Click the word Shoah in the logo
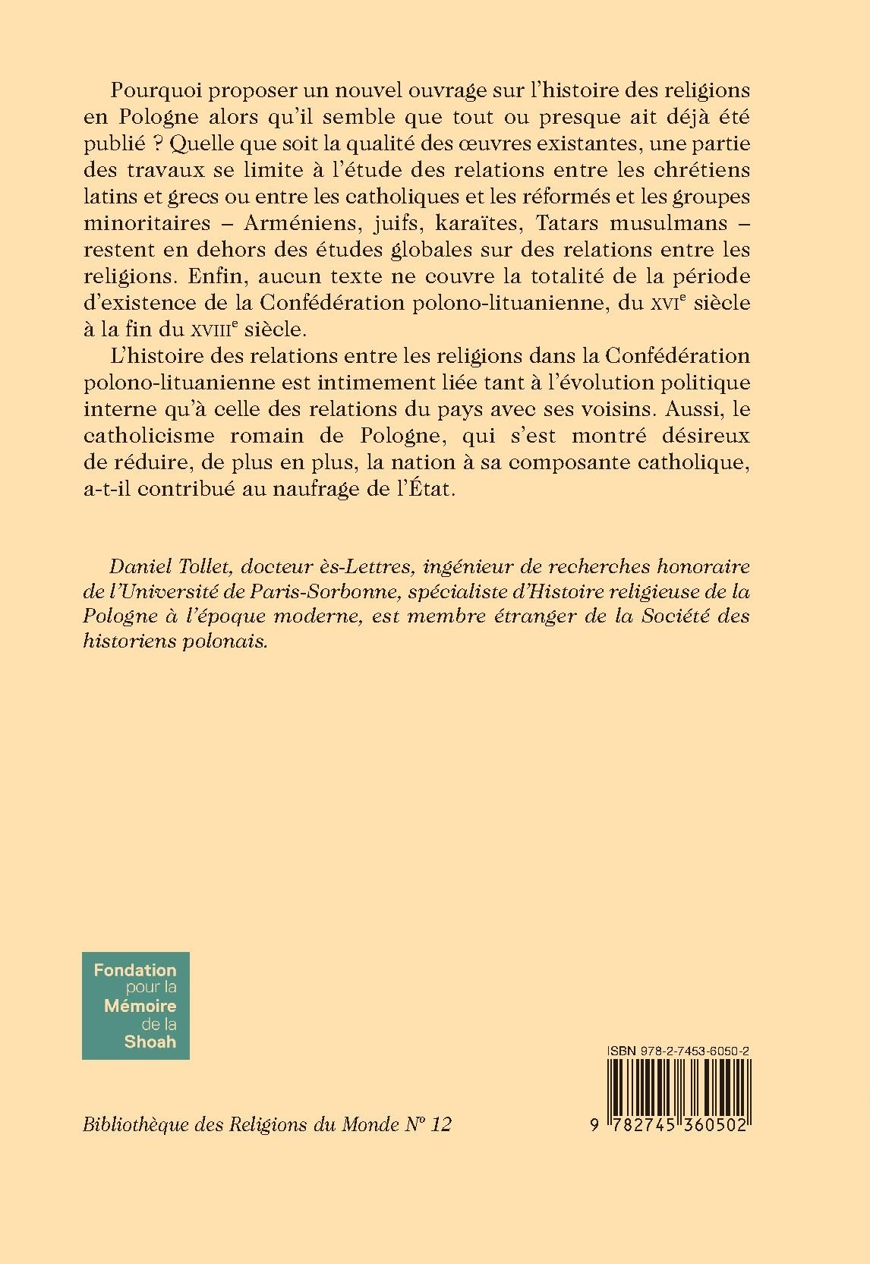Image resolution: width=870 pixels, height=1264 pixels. [x=150, y=1042]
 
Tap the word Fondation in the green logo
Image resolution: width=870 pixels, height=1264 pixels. [x=135, y=969]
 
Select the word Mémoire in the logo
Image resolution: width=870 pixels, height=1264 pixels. [x=140, y=1006]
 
